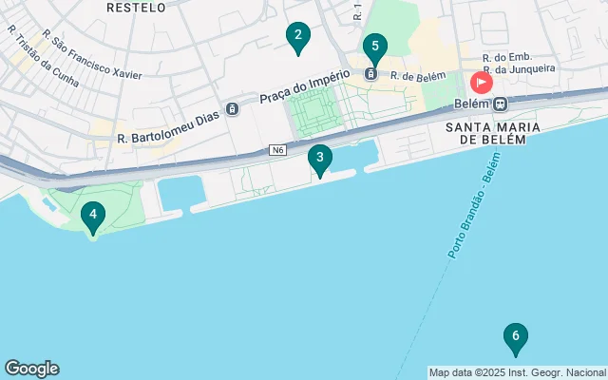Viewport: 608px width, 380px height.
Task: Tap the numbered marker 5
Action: click(374, 47)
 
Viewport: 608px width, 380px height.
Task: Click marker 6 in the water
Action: click(515, 336)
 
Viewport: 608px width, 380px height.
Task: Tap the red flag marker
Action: click(482, 82)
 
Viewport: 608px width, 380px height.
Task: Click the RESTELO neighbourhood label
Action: click(136, 7)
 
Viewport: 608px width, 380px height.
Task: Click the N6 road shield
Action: click(277, 150)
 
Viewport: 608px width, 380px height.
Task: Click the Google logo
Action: click(31, 369)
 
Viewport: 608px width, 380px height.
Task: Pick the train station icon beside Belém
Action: click(500, 104)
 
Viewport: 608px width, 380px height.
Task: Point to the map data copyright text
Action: click(517, 372)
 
